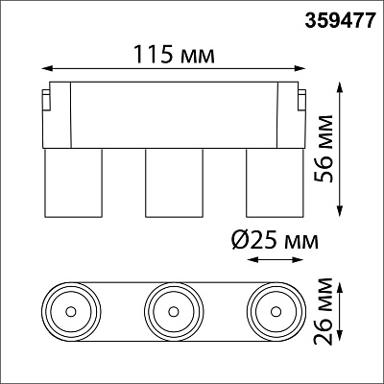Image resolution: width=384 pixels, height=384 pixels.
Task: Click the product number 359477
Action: click(x=339, y=21)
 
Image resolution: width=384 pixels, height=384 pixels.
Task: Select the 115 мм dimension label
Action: click(x=174, y=55)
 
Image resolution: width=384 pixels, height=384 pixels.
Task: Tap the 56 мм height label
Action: click(x=324, y=149)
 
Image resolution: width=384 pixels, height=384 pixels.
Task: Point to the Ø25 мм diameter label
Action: click(x=275, y=240)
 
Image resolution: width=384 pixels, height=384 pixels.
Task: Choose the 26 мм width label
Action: click(x=324, y=311)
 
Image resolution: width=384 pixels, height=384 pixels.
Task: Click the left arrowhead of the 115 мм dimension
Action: click(x=47, y=68)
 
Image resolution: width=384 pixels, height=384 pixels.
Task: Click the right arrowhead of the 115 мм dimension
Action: click(x=300, y=68)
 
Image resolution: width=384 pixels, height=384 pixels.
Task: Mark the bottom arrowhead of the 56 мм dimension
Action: click(x=341, y=212)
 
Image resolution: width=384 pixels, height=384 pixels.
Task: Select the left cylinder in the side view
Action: click(x=73, y=183)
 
